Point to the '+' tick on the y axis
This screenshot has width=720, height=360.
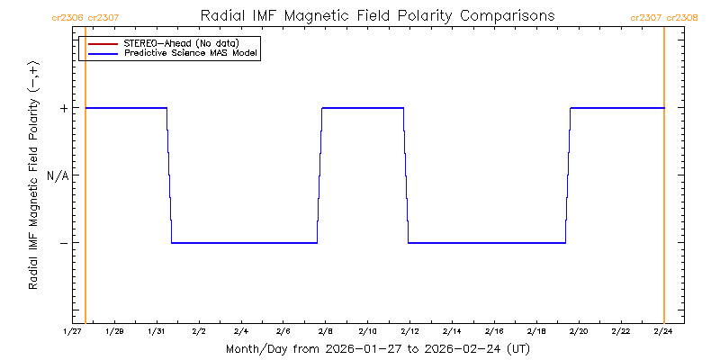[64, 108]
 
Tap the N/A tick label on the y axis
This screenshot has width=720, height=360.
[58, 175]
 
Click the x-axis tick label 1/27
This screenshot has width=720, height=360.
[73, 331]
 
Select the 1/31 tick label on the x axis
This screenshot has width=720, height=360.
[157, 331]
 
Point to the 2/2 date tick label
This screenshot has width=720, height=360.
[199, 331]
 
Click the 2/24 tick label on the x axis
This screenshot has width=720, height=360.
[663, 331]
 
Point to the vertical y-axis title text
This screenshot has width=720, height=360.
[33, 175]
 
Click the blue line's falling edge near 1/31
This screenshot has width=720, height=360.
[169, 175]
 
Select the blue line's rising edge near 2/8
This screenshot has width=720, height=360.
[319, 175]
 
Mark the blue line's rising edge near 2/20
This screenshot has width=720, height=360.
[568, 175]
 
